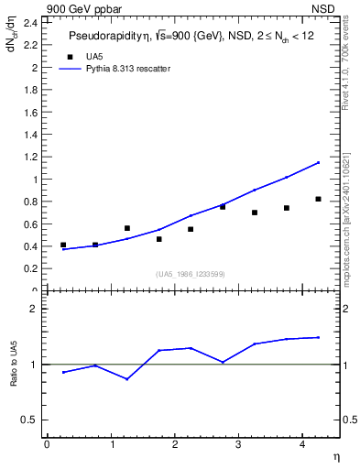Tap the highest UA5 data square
318,199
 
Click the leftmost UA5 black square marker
63,245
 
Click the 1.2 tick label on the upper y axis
32,157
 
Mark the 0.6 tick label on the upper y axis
32,224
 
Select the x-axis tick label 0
47,445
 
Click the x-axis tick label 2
174,445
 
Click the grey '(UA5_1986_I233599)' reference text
191,275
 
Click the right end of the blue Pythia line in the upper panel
318,163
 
